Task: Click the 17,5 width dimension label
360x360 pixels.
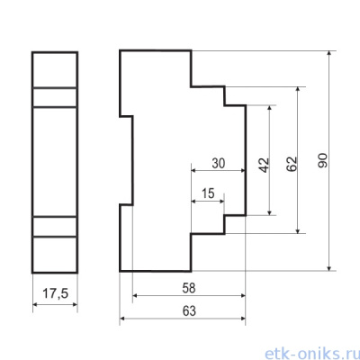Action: [x=56, y=293]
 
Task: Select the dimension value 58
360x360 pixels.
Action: [x=189, y=288]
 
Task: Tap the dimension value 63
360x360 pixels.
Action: [x=189, y=311]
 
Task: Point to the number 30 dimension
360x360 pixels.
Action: [x=219, y=164]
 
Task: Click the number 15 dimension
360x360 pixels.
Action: [x=208, y=193]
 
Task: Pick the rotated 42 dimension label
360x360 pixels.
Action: [x=264, y=165]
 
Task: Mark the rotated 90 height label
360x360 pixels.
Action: [x=323, y=160]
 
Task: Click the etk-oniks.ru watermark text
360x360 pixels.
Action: [x=312, y=353]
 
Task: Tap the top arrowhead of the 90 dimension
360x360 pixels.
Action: [x=329, y=53]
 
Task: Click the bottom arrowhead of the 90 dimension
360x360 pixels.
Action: [x=329, y=268]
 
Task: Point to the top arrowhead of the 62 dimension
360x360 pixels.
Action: [x=298, y=90]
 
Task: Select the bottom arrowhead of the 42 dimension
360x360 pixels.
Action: [x=270, y=212]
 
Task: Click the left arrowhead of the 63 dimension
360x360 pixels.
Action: [x=122, y=319]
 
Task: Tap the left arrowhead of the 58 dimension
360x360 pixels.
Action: [x=135, y=295]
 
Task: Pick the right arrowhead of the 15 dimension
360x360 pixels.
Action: [x=221, y=201]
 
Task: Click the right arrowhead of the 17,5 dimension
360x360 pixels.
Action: [x=75, y=304]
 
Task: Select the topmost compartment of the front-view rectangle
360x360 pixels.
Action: [x=55, y=70]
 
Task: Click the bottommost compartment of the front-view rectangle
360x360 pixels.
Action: [x=55, y=255]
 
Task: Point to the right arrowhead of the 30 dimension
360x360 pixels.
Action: [x=243, y=170]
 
